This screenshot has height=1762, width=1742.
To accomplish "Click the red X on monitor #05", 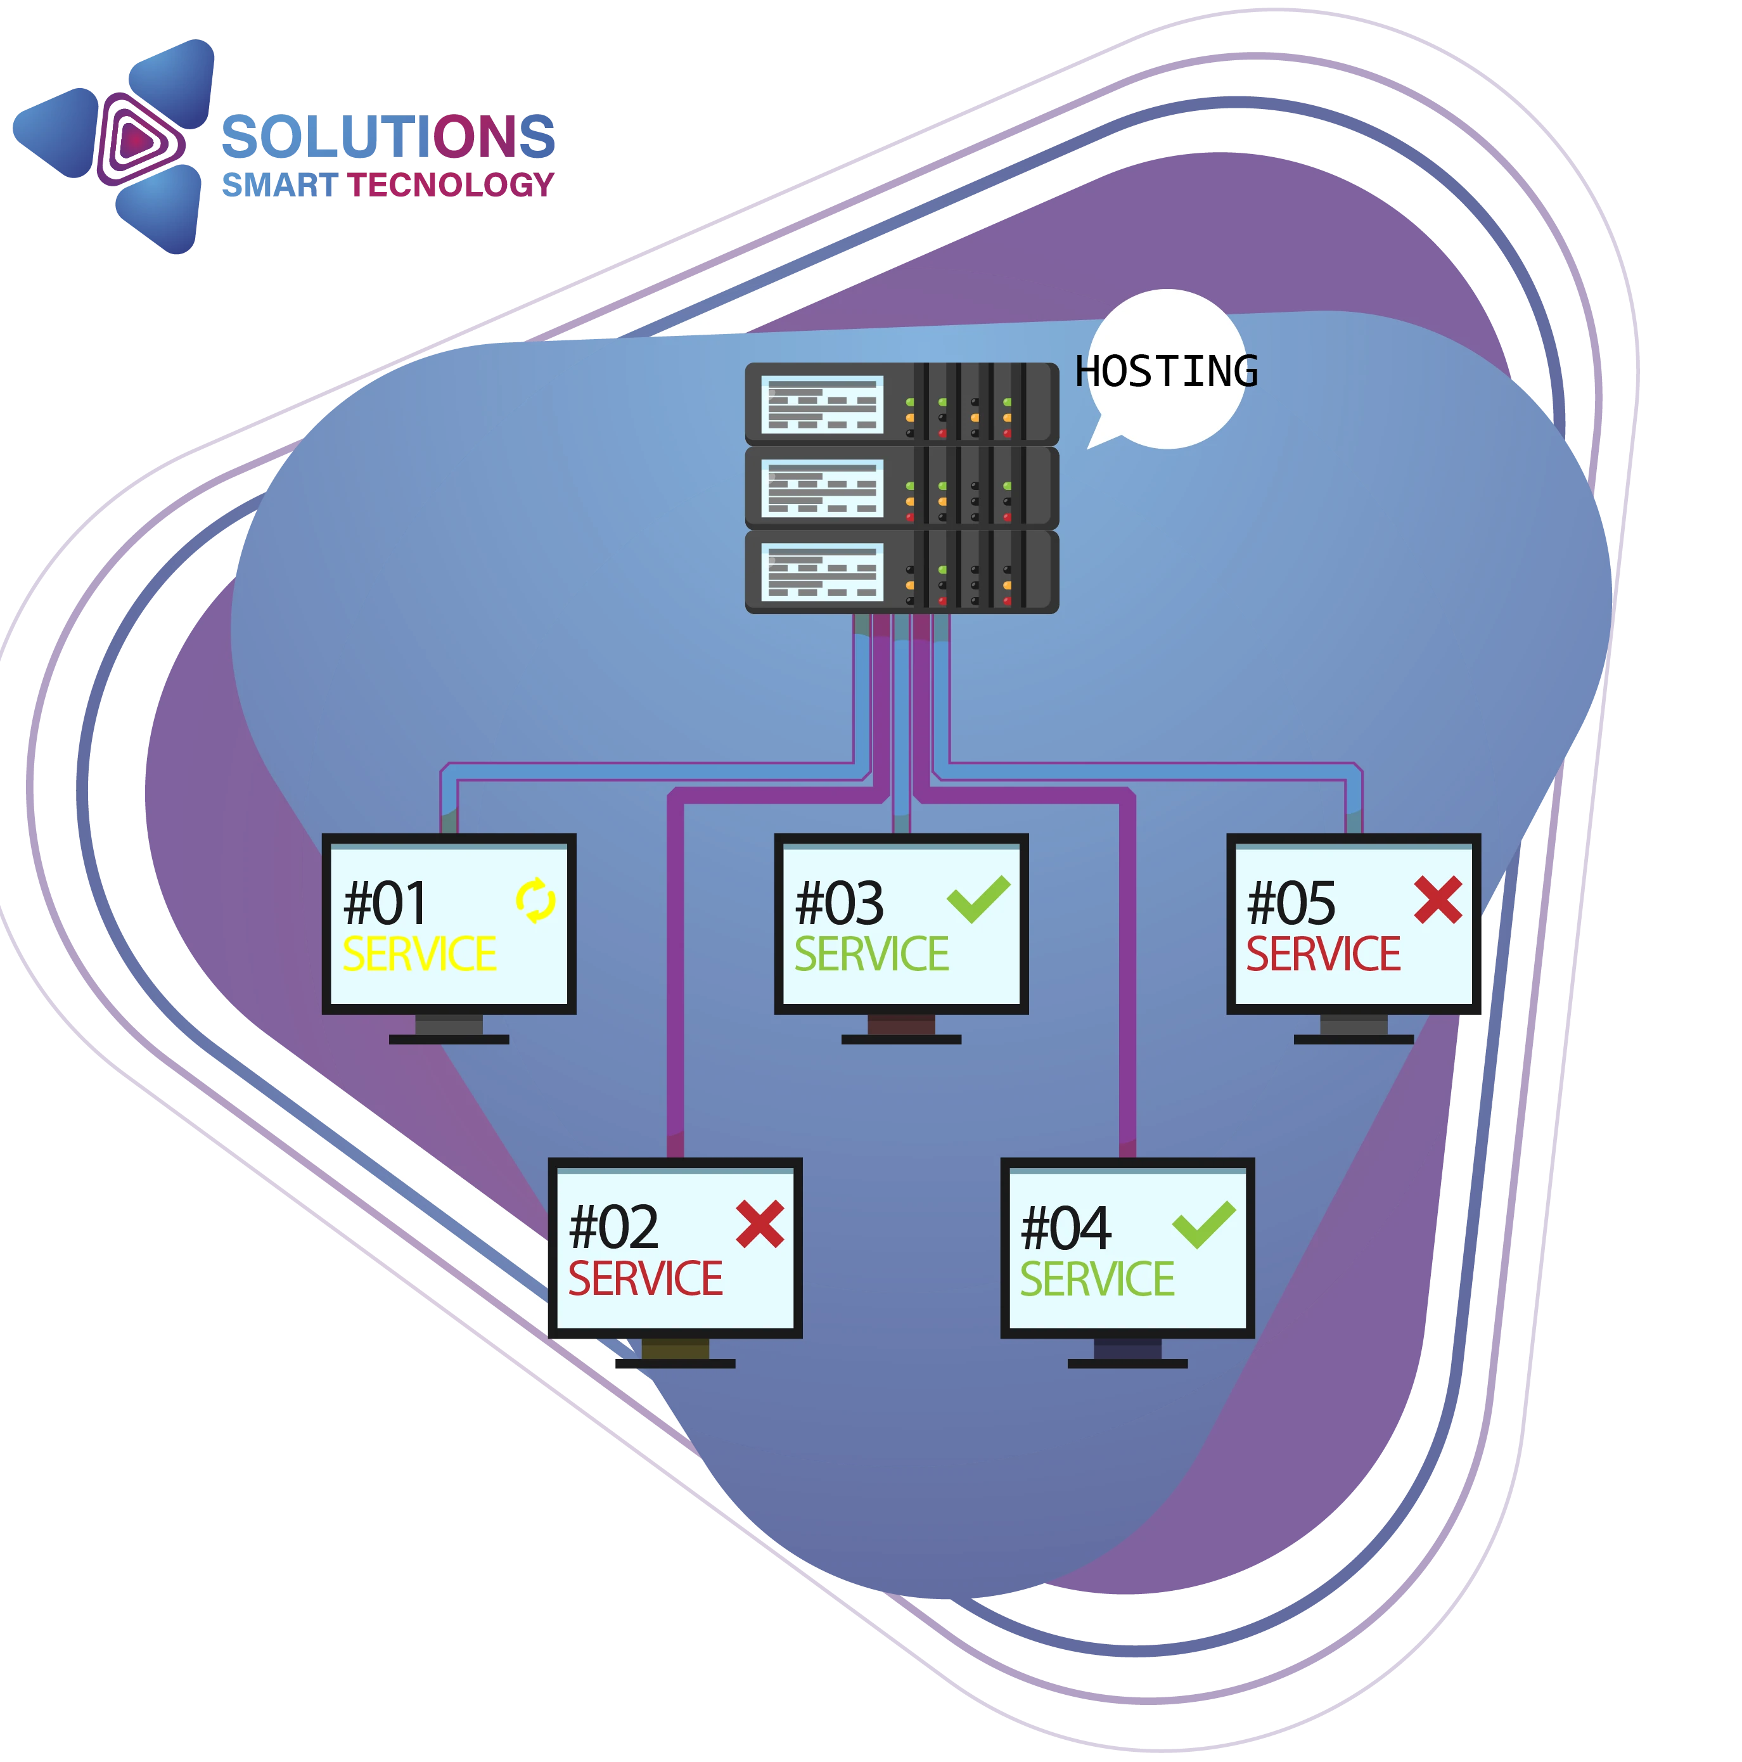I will [1437, 899].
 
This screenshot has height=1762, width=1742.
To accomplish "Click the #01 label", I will [385, 904].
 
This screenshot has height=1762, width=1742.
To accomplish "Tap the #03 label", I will [839, 904].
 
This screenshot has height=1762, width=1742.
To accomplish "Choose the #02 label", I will [613, 1228].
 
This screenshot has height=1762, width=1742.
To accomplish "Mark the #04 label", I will [1065, 1228].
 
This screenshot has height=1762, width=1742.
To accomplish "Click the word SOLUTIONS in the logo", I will [388, 137].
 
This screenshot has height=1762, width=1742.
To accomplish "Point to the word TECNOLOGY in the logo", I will [451, 185].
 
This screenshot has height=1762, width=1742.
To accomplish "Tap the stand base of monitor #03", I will [900, 1039].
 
